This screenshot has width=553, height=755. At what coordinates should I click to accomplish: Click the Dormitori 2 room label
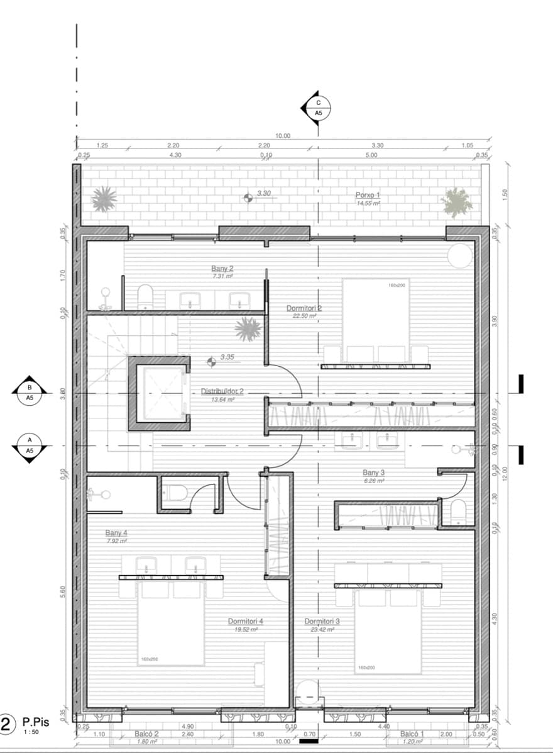coord(304,308)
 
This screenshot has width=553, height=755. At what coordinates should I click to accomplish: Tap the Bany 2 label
coord(222,269)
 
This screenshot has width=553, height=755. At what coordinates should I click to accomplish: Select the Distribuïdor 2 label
coord(217,391)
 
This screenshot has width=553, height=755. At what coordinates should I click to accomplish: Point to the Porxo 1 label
coord(368,196)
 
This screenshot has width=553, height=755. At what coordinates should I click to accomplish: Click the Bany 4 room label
coord(116,532)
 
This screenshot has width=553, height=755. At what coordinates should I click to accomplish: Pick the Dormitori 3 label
coord(322,621)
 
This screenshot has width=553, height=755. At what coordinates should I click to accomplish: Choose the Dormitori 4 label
coord(245,621)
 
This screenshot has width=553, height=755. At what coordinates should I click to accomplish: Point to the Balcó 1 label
coord(412,734)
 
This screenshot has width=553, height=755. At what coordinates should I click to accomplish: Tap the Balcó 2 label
coord(146,734)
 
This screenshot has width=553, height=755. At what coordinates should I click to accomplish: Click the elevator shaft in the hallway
coord(160,393)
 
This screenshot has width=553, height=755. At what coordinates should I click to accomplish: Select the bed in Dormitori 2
coord(376,321)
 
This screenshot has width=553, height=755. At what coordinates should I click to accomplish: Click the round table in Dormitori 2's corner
coord(459,255)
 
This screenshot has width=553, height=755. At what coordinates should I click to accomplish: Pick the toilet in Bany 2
coord(145,296)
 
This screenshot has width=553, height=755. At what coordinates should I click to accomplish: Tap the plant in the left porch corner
coord(104,199)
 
